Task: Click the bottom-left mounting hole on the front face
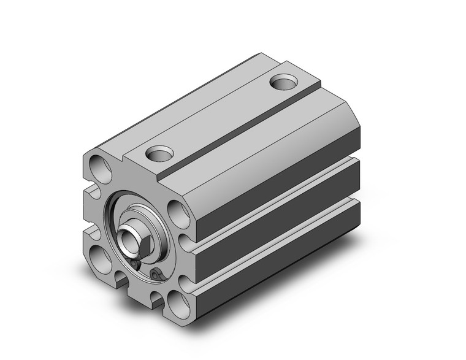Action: [97, 253]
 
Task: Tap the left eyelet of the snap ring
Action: [134, 264]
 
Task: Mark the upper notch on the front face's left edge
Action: [91, 193]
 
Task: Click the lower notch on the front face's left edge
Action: [90, 231]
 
